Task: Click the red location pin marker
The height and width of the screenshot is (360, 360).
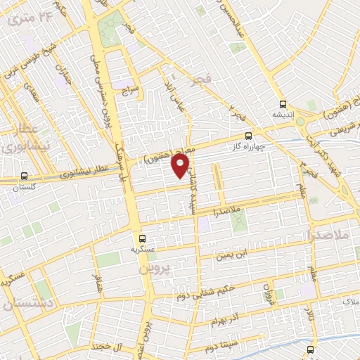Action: [x=181, y=165]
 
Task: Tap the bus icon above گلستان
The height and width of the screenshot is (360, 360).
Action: [x=25, y=176]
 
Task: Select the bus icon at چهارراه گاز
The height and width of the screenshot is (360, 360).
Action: [x=247, y=136]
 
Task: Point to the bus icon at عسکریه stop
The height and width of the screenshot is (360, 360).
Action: [x=143, y=238]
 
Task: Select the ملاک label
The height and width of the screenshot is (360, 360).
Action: [x=349, y=301]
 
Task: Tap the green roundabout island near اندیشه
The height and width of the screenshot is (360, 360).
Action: [x=300, y=121]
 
